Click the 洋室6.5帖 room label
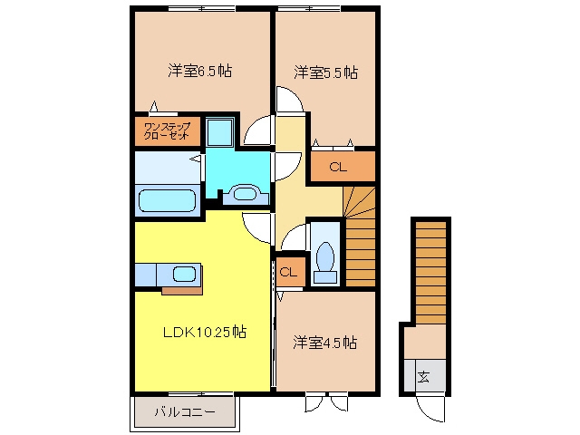(200, 71)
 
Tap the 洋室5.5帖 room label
(326, 72)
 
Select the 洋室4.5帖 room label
(325, 343)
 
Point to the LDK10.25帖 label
(205, 332)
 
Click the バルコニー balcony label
(185, 411)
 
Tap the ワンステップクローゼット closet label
(167, 131)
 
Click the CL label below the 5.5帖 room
(338, 167)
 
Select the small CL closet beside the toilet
(288, 273)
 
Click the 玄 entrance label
(423, 377)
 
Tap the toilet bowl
(325, 256)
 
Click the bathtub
(167, 201)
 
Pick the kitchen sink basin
(184, 274)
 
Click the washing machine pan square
(219, 132)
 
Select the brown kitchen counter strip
(182, 290)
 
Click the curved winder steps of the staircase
(359, 201)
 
